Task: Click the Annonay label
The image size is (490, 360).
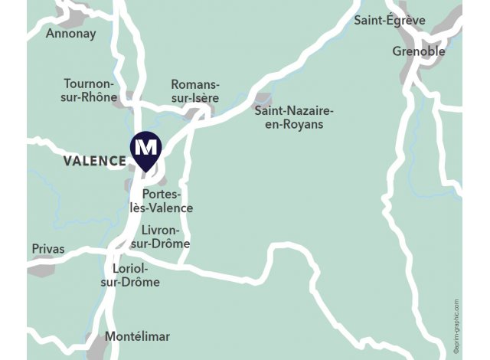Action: [70, 34]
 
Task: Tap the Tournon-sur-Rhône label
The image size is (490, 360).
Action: [90, 90]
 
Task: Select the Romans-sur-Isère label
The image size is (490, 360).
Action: [194, 91]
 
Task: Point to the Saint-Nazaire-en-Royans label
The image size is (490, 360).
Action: [289, 117]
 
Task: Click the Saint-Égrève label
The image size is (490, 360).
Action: [389, 21]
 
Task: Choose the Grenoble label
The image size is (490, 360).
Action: [418, 51]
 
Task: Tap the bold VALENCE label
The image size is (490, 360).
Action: [95, 161]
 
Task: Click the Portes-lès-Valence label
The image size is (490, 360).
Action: [167, 201]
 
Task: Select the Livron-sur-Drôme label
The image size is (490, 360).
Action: [165, 237]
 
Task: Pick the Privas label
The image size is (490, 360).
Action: [48, 249]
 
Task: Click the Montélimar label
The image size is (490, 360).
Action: [137, 336]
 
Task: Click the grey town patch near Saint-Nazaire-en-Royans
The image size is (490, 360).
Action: [263, 100]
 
